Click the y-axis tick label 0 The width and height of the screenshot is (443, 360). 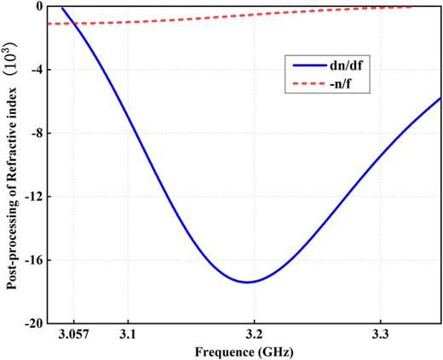[40, 7]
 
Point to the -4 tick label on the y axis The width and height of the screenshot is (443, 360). [37, 70]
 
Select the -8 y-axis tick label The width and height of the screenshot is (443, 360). [37, 134]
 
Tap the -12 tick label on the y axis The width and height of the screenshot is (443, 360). [34, 197]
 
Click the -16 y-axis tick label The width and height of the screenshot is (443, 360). [34, 260]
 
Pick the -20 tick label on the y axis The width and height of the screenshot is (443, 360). [34, 323]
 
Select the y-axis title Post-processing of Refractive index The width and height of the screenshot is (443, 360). [14, 165]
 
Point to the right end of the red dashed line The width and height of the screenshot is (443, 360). [411, 7]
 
